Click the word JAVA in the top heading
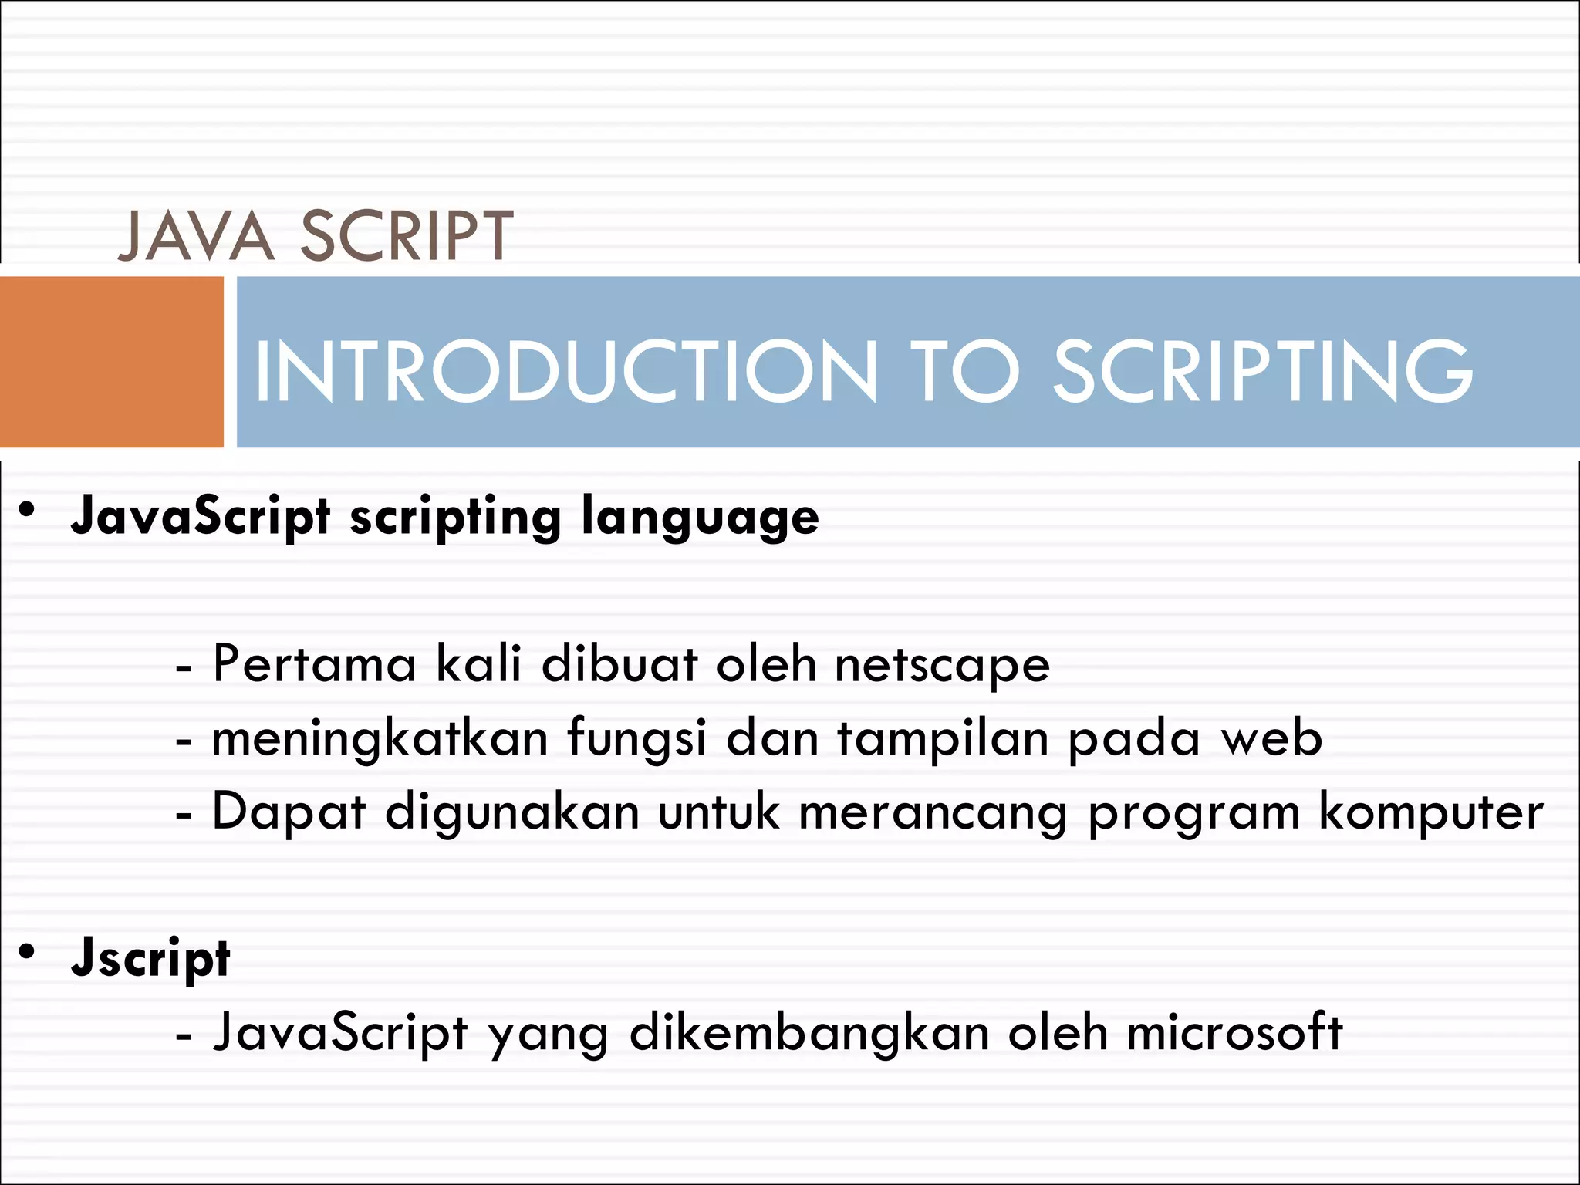197,235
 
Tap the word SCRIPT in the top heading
407,235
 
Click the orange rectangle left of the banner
111,362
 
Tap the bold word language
700,518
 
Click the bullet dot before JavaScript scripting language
28,510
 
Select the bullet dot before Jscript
28,951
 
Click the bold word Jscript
150,958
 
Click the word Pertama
314,663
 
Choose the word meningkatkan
380,739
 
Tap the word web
1272,738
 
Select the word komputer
1431,813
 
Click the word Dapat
289,813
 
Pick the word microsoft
1234,1032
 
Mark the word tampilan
944,739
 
